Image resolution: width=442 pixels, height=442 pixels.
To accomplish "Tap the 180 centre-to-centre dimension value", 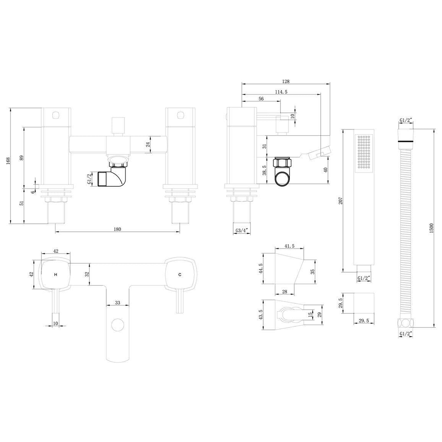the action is (x=117, y=229).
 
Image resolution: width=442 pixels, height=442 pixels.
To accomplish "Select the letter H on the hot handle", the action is (x=55, y=274).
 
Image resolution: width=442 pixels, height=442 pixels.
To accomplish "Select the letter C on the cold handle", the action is (x=180, y=274).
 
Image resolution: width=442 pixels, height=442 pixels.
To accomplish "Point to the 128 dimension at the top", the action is (x=286, y=82).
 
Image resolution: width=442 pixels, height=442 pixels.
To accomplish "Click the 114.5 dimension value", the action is (x=281, y=92).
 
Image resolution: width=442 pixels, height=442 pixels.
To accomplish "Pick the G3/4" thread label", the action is (x=241, y=231).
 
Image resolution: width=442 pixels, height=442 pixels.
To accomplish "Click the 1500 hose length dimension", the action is (x=431, y=228).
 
